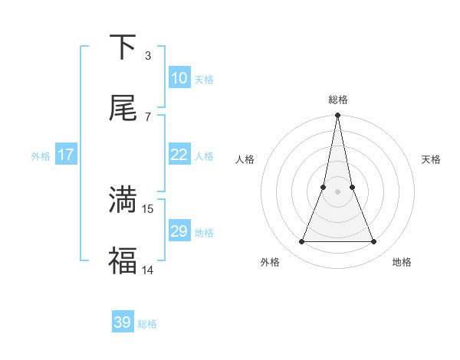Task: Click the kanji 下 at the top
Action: click(x=123, y=47)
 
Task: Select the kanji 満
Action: click(x=123, y=199)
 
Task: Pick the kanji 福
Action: click(x=123, y=260)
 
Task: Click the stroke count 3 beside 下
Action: click(x=148, y=56)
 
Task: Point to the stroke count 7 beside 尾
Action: click(x=148, y=116)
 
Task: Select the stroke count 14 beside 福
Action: click(x=149, y=270)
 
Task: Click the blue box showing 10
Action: click(x=179, y=78)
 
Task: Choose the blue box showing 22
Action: click(x=179, y=155)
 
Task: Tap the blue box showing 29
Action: click(x=179, y=231)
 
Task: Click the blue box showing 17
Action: click(x=66, y=155)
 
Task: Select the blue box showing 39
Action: click(x=123, y=322)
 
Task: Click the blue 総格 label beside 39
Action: click(x=147, y=324)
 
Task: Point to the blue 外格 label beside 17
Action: click(x=41, y=156)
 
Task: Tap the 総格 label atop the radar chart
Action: click(x=337, y=100)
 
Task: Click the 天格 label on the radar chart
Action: click(x=431, y=159)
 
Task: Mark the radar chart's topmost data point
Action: click(x=337, y=116)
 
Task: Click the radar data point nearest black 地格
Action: click(x=373, y=242)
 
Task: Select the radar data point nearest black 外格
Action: click(x=301, y=242)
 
